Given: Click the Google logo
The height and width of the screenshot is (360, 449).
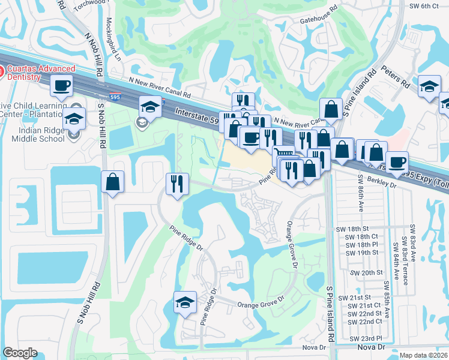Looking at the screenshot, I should pyautogui.click(x=20, y=353).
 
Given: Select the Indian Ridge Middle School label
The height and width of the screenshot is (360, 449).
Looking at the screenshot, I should pyautogui.click(x=38, y=135).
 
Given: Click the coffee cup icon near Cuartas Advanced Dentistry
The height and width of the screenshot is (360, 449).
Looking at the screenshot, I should pyautogui.click(x=62, y=86).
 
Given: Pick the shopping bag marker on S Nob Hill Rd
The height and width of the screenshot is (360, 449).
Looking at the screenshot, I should pyautogui.click(x=113, y=182).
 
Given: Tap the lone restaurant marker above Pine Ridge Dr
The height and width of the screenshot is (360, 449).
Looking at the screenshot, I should pyautogui.click(x=177, y=183).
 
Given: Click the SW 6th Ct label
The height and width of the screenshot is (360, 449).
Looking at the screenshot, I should pyautogui.click(x=426, y=5).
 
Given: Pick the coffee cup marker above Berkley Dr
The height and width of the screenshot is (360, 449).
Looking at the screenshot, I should pyautogui.click(x=397, y=162).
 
